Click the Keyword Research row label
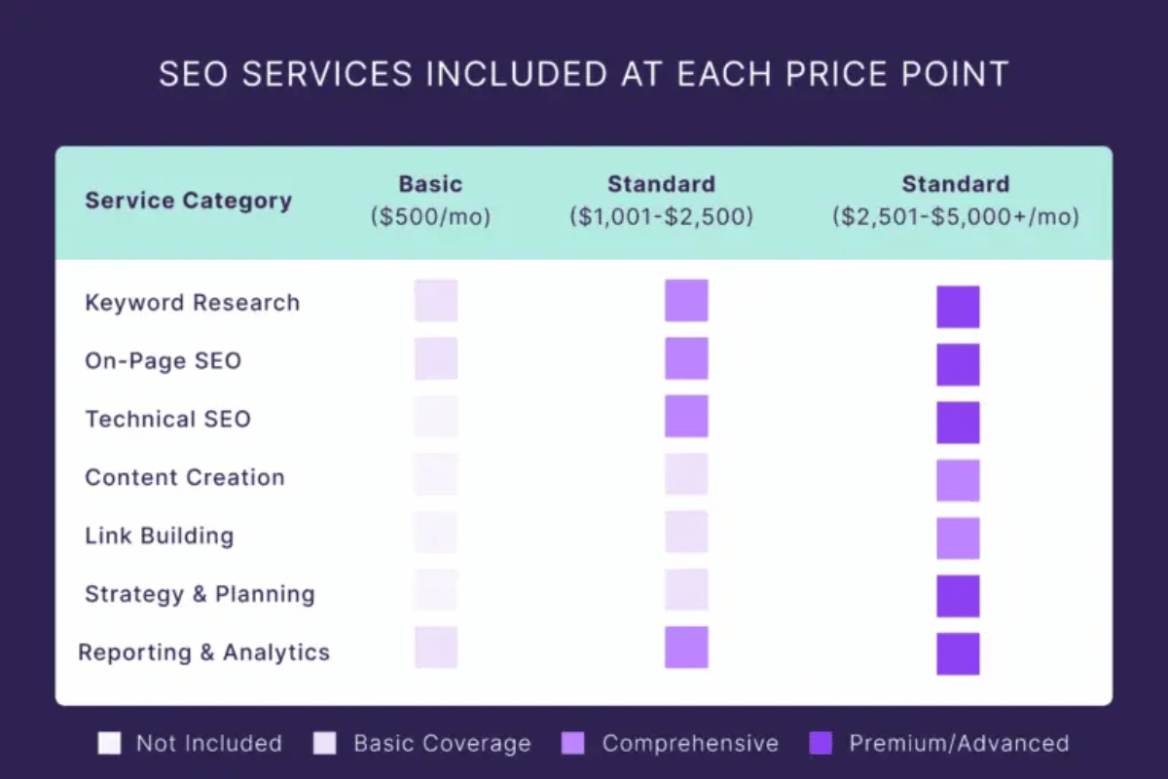(x=192, y=303)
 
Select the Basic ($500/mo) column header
(x=430, y=200)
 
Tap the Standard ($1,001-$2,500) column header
(x=661, y=200)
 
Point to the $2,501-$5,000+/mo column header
(x=955, y=200)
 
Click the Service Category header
(x=188, y=201)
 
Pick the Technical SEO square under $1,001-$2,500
(x=686, y=416)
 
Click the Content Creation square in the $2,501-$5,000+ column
(x=958, y=480)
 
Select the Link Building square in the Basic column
(x=435, y=532)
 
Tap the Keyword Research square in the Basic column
(x=435, y=300)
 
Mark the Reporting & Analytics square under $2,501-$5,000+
(x=958, y=653)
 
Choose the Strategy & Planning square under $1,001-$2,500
(x=686, y=589)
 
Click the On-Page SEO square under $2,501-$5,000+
(x=958, y=364)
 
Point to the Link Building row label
(x=159, y=536)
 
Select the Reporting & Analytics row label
(x=203, y=652)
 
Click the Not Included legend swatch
(x=110, y=744)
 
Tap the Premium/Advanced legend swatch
(x=821, y=744)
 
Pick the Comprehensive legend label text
(x=690, y=744)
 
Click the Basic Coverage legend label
(x=442, y=744)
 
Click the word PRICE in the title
(x=784, y=75)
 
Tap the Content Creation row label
(x=184, y=477)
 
